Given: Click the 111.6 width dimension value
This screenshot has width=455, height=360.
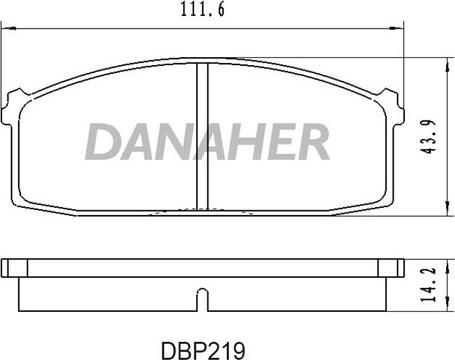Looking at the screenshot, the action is coord(203,9).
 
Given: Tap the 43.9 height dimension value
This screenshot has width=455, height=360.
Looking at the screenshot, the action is coord(429,136).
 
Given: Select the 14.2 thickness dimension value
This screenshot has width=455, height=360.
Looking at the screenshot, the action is coord(429,284).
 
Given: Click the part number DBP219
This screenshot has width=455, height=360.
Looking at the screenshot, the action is coord(203,350).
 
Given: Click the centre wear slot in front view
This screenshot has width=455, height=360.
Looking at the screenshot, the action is coord(202,136).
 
